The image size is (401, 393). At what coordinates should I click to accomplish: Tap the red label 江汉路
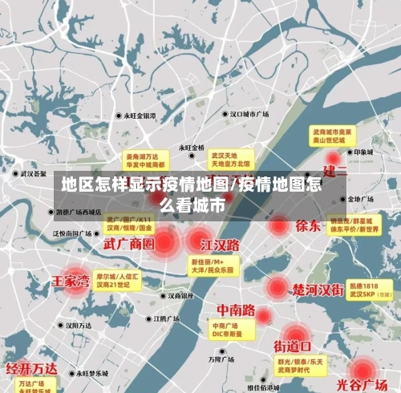pyautogui.click(x=221, y=244)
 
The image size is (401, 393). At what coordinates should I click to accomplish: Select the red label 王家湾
pyautogui.click(x=71, y=282)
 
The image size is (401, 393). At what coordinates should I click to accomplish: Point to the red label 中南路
pyautogui.click(x=236, y=310)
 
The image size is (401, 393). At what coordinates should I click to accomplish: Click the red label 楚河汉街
pyautogui.click(x=318, y=289)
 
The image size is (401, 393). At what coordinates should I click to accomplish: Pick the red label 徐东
pyautogui.click(x=308, y=225)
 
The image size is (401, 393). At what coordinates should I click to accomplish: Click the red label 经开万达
pyautogui.click(x=32, y=369)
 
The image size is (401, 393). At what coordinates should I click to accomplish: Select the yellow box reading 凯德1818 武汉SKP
pyautogui.click(x=370, y=290)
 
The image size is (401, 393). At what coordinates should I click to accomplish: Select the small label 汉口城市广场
pyautogui.click(x=248, y=115)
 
